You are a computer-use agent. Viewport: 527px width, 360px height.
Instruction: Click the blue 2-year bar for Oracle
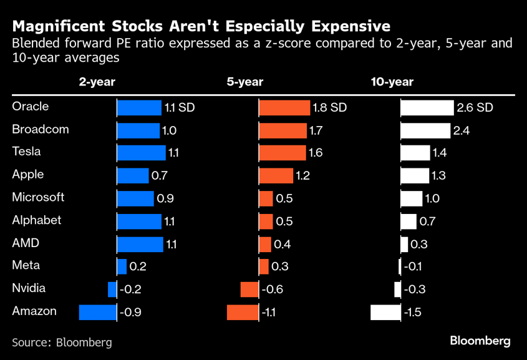[x=139, y=107]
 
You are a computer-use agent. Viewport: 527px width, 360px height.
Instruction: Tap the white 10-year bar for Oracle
[x=427, y=107]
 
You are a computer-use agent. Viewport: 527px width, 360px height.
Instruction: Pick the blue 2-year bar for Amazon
[x=98, y=312]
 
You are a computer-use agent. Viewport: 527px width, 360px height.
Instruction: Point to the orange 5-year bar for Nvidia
[x=249, y=289]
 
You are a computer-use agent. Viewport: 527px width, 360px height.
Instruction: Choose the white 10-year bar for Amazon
[x=385, y=312]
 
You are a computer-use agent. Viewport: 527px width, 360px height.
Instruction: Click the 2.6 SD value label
[x=475, y=107]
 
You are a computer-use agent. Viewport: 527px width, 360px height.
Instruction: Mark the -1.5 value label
[x=412, y=312]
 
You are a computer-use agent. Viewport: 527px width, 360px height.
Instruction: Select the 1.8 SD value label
[x=329, y=107]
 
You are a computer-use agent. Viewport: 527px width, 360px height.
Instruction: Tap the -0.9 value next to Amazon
[x=130, y=312]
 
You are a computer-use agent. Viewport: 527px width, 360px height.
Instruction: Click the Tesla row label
[x=26, y=152]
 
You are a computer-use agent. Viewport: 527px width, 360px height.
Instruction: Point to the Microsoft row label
[x=38, y=197]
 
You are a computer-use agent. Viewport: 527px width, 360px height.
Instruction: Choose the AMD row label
[x=26, y=243]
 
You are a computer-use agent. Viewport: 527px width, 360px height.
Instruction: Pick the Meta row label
[x=26, y=265]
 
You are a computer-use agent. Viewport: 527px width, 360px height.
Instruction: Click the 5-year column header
[x=244, y=82]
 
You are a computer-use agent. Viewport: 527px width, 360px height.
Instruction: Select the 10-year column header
[x=392, y=82]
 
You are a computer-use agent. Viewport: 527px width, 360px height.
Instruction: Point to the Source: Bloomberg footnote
[x=62, y=342]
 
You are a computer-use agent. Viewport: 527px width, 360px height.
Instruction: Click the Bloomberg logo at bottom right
[x=480, y=341]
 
